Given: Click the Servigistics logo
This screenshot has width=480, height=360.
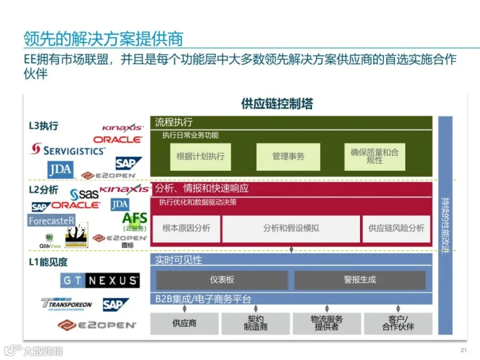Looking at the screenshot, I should (68, 150).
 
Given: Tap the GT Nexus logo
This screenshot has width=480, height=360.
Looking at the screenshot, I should (100, 281).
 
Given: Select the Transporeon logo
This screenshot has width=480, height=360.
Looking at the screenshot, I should (67, 305).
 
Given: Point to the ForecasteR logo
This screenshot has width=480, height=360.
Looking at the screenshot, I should (52, 220).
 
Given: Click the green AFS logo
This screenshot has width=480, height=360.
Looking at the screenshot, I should (134, 219).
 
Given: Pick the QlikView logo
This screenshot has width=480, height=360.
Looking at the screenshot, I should (50, 241).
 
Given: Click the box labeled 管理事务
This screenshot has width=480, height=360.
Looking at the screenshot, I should (288, 157).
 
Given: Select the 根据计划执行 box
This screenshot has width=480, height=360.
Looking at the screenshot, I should (200, 157).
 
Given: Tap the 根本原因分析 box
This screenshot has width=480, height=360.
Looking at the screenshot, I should (186, 228).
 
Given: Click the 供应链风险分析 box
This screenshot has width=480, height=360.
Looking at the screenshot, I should (396, 228).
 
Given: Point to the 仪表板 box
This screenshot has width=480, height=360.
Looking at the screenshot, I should (222, 280).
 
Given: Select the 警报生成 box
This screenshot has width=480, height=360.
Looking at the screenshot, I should (360, 280).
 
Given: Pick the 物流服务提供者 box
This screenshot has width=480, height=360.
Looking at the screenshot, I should (327, 323).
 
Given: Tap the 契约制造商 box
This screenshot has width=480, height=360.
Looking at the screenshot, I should (255, 323).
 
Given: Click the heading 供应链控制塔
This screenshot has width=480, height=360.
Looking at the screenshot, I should (277, 103).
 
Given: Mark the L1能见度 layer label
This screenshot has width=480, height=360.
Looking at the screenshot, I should (48, 262).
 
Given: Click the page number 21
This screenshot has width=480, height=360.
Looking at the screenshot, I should (463, 350).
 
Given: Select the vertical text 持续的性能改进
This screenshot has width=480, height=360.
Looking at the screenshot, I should (445, 226).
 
